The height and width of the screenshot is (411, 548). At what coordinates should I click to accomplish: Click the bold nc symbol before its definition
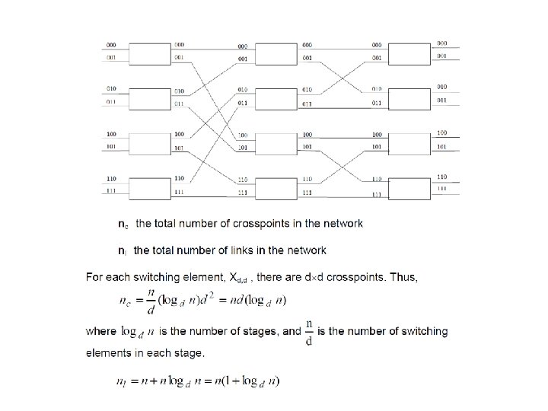(x=123, y=224)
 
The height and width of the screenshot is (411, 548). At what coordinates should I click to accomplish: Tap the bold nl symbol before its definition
(x=122, y=250)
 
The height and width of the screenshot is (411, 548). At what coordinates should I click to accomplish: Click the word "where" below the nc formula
(x=100, y=331)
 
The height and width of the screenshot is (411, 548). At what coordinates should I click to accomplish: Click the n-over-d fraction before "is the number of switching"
(x=308, y=331)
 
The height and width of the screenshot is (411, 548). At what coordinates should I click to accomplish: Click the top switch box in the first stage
(x=150, y=52)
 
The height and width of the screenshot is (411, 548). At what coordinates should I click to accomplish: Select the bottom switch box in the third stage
(x=410, y=186)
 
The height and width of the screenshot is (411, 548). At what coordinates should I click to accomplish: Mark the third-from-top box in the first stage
(x=150, y=142)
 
